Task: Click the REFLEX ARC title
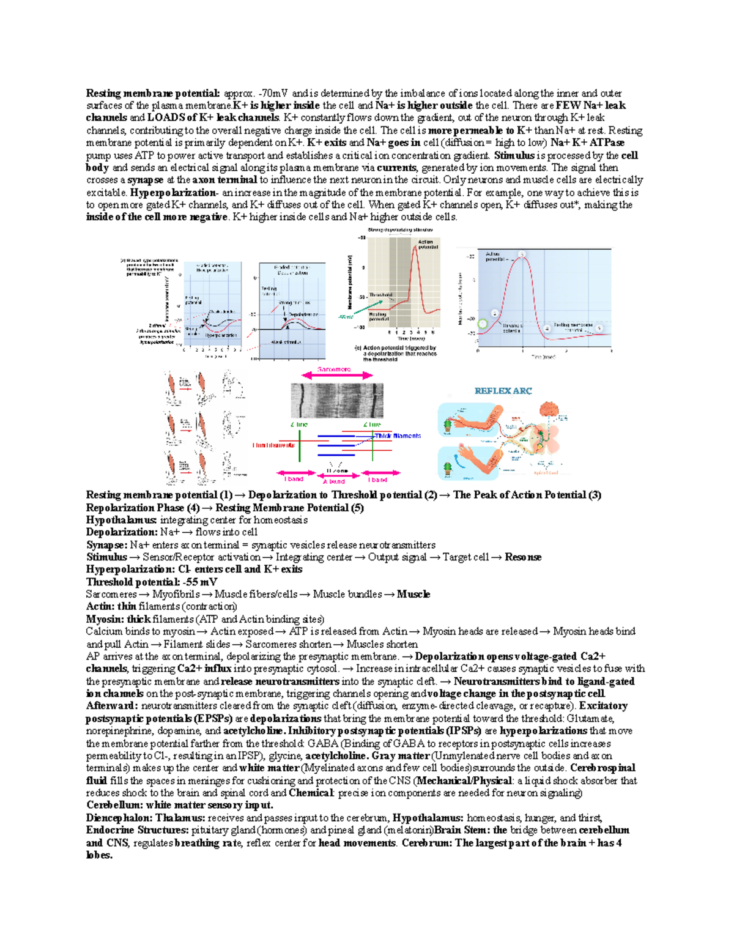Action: tap(503, 391)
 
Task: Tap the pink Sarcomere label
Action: tap(334, 369)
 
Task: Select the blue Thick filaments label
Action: tap(398, 436)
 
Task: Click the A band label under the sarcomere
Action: tap(334, 481)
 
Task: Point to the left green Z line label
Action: tap(299, 424)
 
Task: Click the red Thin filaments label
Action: tap(273, 445)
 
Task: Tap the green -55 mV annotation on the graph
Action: tap(346, 317)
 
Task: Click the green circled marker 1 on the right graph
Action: tap(483, 324)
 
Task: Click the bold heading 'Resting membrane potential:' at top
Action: tap(152, 94)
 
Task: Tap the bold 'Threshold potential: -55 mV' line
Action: tap(151, 582)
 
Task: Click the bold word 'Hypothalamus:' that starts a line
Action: tap(122, 520)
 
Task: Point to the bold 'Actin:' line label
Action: tap(100, 606)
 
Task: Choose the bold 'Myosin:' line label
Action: tap(105, 619)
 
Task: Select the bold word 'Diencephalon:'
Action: tap(119, 818)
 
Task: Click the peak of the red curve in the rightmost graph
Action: tap(521, 257)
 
